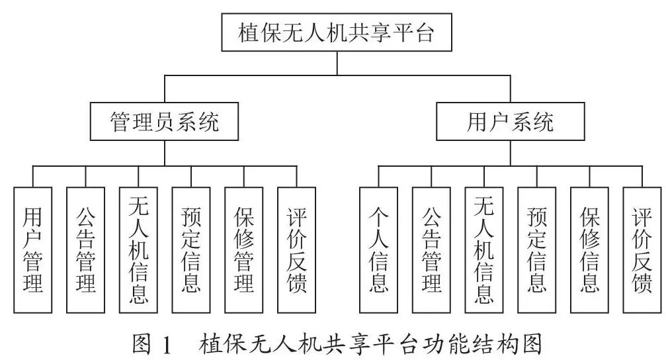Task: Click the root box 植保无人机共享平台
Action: click(x=337, y=32)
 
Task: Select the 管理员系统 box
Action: click(x=165, y=122)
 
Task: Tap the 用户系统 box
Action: click(x=511, y=122)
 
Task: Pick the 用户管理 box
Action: click(x=32, y=250)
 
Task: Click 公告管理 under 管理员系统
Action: click(x=85, y=250)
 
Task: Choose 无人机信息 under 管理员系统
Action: click(x=138, y=250)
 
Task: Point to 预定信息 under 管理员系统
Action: click(x=191, y=250)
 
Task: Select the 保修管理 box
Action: click(x=244, y=250)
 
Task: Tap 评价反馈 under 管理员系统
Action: click(x=296, y=250)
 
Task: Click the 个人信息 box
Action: click(x=378, y=250)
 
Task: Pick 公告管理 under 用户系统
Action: click(x=431, y=250)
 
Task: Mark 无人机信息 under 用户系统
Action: click(x=484, y=250)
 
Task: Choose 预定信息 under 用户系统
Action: click(x=537, y=250)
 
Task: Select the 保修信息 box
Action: click(x=589, y=250)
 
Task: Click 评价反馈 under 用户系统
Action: click(x=642, y=250)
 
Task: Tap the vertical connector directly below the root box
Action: click(x=337, y=64)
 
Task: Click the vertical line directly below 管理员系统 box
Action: click(x=165, y=153)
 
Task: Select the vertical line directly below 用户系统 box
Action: click(x=511, y=153)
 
